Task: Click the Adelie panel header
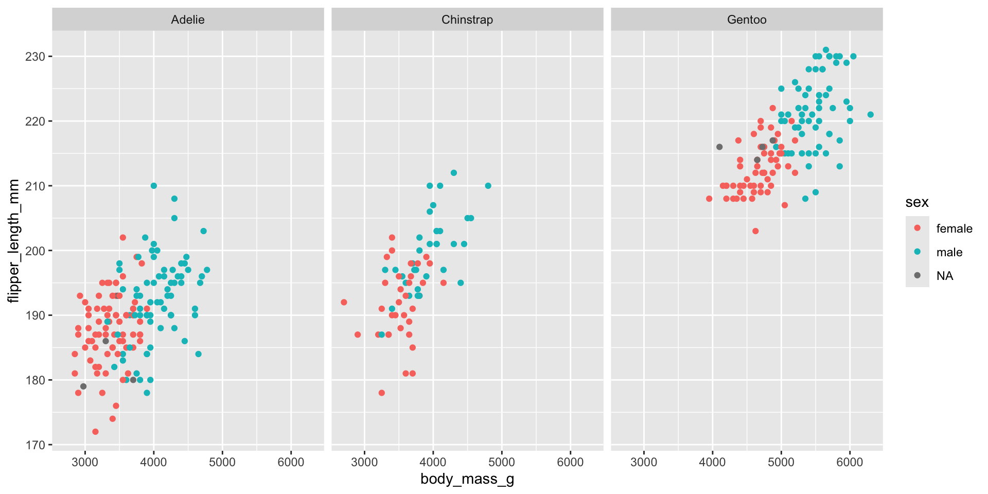click(188, 20)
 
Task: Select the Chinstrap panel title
click(467, 20)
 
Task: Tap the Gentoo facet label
click(747, 20)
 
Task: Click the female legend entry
click(954, 228)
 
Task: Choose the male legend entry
click(949, 252)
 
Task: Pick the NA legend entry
click(945, 276)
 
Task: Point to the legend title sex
click(917, 202)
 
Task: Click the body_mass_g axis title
click(467, 479)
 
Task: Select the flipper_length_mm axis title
click(14, 241)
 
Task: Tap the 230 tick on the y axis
click(35, 57)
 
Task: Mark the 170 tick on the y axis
click(35, 445)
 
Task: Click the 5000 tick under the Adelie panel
click(222, 462)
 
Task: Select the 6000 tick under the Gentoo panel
click(850, 462)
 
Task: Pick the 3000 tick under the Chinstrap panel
click(364, 462)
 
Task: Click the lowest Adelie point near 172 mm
click(95, 432)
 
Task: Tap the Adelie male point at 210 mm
click(154, 186)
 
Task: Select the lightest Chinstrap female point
click(344, 302)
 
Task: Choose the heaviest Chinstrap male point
click(488, 186)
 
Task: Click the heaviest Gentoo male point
click(870, 115)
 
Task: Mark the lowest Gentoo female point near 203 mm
click(755, 231)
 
